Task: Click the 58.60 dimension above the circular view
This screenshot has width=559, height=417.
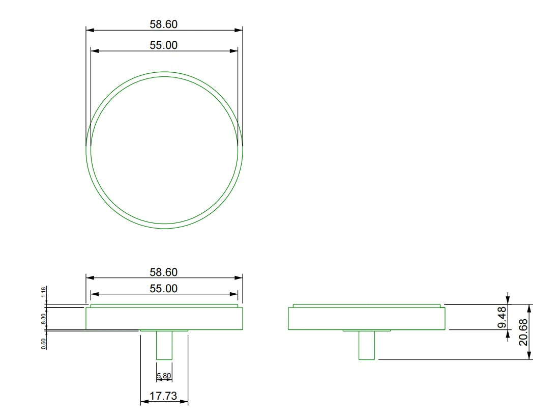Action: (x=164, y=24)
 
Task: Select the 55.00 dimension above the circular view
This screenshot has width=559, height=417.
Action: (x=164, y=45)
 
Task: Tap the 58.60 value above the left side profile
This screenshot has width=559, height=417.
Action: (x=164, y=272)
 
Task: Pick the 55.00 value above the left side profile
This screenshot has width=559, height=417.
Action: (x=164, y=289)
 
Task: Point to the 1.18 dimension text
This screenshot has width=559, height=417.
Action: (x=44, y=292)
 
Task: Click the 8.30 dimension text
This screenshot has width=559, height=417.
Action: (x=44, y=319)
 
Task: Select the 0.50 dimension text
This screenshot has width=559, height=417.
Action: (x=44, y=344)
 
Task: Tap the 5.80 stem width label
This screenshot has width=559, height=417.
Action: (x=164, y=376)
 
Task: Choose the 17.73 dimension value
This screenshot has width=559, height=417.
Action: (x=163, y=396)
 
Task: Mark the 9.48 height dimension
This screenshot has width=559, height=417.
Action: (x=502, y=317)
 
